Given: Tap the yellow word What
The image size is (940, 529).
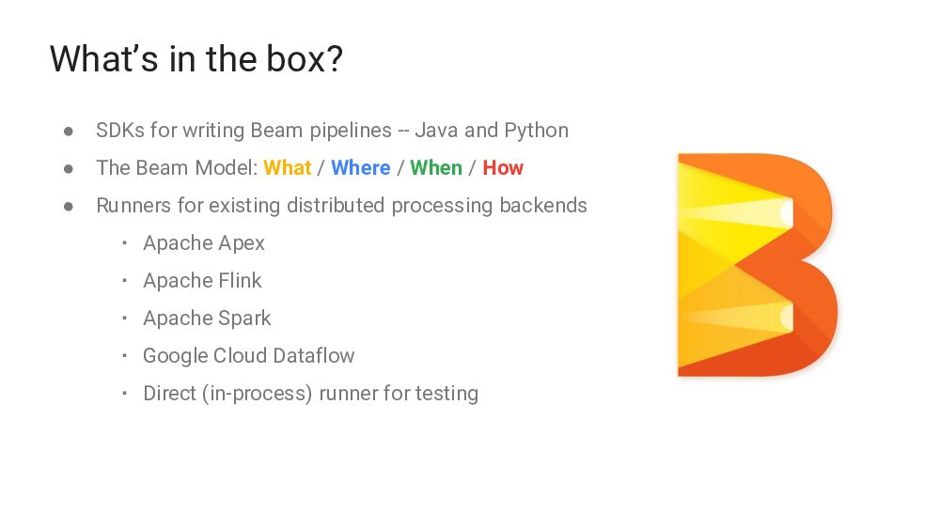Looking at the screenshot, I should (x=287, y=168).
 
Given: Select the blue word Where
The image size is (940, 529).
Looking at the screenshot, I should (x=360, y=168).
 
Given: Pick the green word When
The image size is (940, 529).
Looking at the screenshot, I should (x=436, y=168).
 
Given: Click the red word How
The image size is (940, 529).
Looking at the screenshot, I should (x=503, y=168).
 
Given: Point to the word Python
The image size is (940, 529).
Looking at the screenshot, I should (x=536, y=131).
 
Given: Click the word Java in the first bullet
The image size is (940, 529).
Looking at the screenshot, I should (x=436, y=131).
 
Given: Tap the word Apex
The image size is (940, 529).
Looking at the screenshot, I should (x=241, y=243).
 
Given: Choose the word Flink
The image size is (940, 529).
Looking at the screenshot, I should (x=240, y=281).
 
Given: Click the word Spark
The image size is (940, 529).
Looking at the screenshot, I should (x=244, y=319).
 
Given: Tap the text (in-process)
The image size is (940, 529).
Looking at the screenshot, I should (x=257, y=394).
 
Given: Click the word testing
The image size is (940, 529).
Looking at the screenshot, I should (x=446, y=394).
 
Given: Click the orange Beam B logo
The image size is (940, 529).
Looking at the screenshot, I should (x=756, y=265).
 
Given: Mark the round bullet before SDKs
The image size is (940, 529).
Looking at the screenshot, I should (x=69, y=132).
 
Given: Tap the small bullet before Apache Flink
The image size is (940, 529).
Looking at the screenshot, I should (x=123, y=281).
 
